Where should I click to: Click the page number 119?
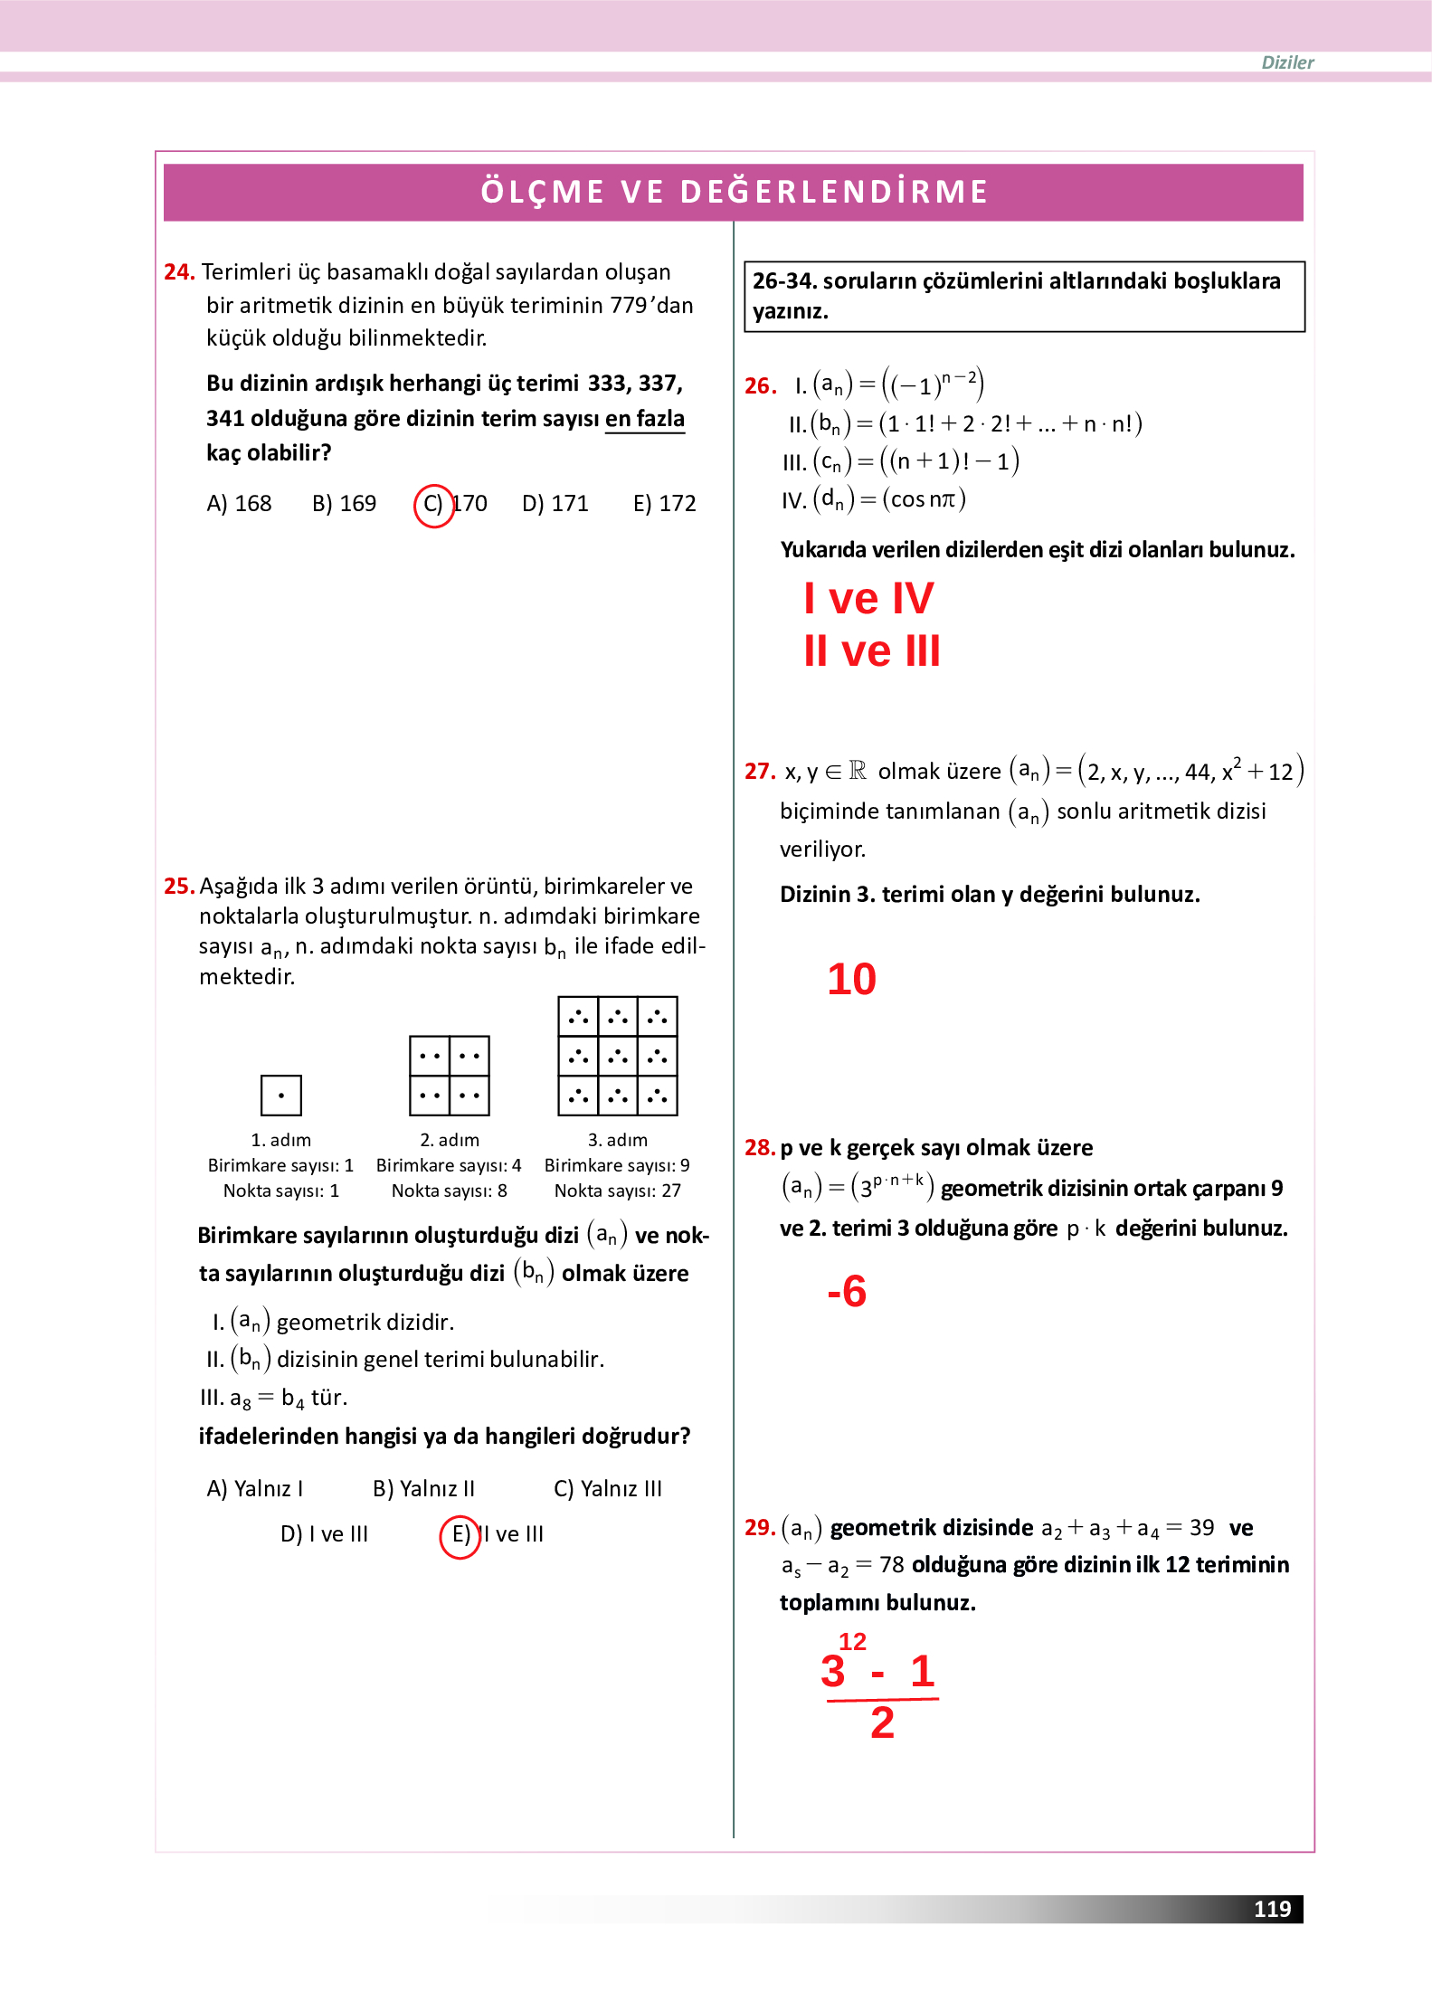click(x=1272, y=1909)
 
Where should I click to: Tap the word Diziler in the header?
click(x=1287, y=62)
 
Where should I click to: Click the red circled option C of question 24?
click(x=433, y=505)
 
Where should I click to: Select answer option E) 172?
click(x=664, y=504)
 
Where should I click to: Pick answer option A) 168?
click(x=239, y=504)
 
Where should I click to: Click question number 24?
click(x=179, y=272)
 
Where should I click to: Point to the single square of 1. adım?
click(x=280, y=1096)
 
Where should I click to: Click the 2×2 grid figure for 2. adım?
click(x=450, y=1076)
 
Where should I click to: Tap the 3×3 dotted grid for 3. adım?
click(x=618, y=1056)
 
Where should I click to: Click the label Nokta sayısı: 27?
click(x=618, y=1191)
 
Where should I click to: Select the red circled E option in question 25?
click(x=460, y=1536)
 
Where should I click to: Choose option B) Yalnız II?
click(x=423, y=1489)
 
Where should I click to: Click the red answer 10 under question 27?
click(x=851, y=980)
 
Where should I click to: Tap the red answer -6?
click(x=847, y=1291)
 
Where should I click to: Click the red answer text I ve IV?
click(x=868, y=599)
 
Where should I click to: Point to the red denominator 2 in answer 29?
click(x=882, y=1723)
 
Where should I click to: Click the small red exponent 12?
click(x=852, y=1642)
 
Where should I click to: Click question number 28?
click(x=759, y=1148)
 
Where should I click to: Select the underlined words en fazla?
click(x=644, y=419)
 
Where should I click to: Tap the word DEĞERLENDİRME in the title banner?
click(x=834, y=192)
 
